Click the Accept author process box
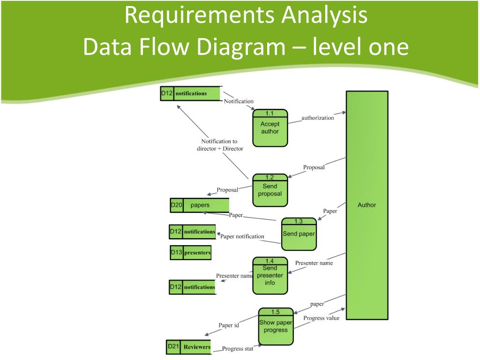[270, 128]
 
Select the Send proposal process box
[270, 190]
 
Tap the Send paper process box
[299, 234]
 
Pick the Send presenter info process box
[270, 276]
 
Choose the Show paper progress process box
[276, 326]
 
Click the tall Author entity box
[367, 205]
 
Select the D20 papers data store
[200, 205]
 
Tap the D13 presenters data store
[190, 253]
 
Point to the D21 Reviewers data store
[188, 347]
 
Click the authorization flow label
[318, 118]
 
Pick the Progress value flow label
[322, 318]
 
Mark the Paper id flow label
[229, 325]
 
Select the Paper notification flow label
[242, 236]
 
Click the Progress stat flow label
[238, 349]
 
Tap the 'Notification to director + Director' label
[220, 145]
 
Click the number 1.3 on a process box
[299, 221]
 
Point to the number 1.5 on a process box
[276, 312]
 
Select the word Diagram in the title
[241, 47]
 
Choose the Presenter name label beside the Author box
[314, 263]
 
